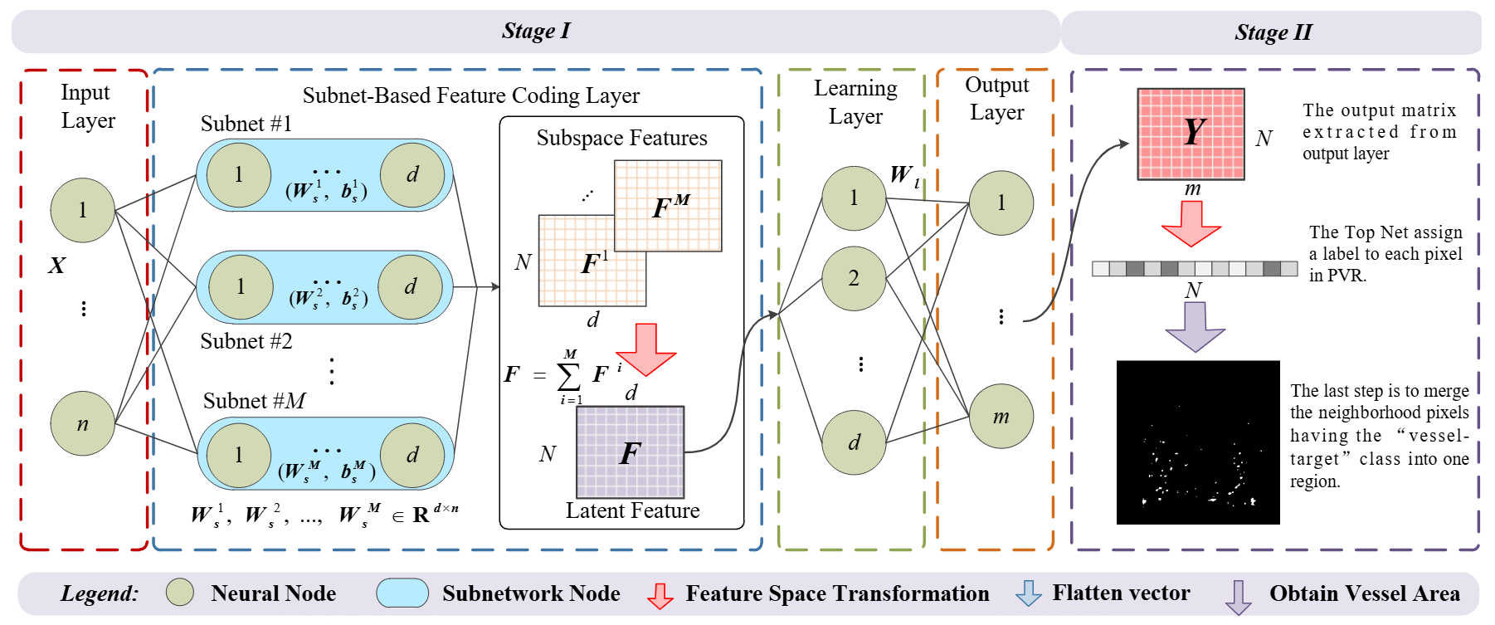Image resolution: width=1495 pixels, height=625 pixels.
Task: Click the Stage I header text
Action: [536, 32]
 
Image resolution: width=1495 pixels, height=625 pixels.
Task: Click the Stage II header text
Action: [1273, 32]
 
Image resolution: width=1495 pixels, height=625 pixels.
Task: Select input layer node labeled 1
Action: [83, 210]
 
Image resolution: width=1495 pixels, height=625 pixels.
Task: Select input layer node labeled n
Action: [83, 424]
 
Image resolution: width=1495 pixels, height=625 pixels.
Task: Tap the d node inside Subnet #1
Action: [412, 175]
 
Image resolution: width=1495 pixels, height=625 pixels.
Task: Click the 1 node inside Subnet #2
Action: [241, 287]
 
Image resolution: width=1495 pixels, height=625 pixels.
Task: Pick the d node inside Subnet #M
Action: [412, 455]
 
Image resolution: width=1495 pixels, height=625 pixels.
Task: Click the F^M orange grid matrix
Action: [669, 205]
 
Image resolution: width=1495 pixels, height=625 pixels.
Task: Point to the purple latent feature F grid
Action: [630, 452]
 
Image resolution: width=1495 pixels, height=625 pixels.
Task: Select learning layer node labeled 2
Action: [854, 278]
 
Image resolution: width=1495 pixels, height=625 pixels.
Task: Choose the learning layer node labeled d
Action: [854, 442]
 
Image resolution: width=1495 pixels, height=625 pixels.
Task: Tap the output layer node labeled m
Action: [1001, 417]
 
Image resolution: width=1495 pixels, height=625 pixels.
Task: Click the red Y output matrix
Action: [1191, 134]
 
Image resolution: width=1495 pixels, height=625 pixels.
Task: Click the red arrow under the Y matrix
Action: [1191, 223]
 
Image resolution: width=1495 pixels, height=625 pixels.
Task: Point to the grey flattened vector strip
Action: [1195, 268]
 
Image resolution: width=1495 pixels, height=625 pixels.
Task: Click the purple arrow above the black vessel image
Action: [1195, 326]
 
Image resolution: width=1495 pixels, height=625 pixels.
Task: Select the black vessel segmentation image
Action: [1198, 442]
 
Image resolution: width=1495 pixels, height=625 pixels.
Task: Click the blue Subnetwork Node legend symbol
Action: [402, 593]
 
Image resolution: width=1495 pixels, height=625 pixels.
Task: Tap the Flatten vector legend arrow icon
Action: [1029, 593]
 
